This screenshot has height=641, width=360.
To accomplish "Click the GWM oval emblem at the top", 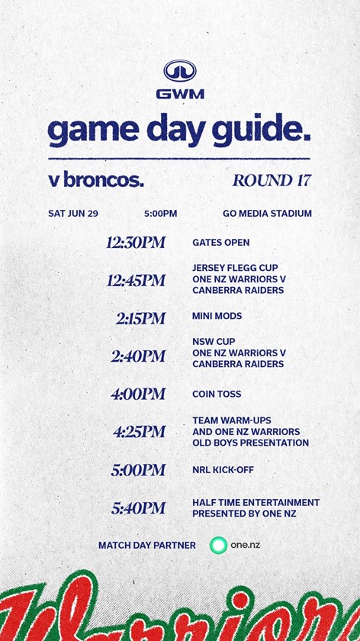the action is [x=180, y=70].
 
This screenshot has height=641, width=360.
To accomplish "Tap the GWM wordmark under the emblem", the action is [x=180, y=95].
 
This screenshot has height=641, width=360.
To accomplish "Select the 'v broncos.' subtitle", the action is [x=96, y=180].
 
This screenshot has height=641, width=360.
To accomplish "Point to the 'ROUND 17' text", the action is [x=272, y=180].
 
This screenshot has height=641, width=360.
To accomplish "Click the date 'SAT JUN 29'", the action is [x=73, y=214].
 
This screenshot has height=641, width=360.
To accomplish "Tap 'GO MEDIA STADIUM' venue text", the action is [x=267, y=214].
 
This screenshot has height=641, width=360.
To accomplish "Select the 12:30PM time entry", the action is [x=136, y=243].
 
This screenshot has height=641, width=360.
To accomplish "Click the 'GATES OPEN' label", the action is [x=220, y=243].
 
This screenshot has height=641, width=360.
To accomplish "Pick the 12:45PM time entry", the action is [x=136, y=281].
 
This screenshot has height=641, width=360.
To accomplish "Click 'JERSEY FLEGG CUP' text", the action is [x=235, y=268].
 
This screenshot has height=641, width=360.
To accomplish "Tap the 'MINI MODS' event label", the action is [x=217, y=316].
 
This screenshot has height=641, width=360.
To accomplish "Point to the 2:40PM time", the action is [x=138, y=356].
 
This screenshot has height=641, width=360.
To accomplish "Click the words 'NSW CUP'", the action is [x=214, y=341].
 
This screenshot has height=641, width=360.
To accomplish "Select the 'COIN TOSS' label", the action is [x=217, y=394].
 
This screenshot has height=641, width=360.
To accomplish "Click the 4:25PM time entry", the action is [x=140, y=432].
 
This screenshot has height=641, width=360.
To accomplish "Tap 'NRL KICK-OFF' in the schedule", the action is [x=223, y=470].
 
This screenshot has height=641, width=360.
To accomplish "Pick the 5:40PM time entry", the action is [x=139, y=508].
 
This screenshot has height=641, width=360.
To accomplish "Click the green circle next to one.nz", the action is [x=218, y=545].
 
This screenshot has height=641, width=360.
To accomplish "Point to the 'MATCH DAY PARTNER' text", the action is [x=147, y=546].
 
